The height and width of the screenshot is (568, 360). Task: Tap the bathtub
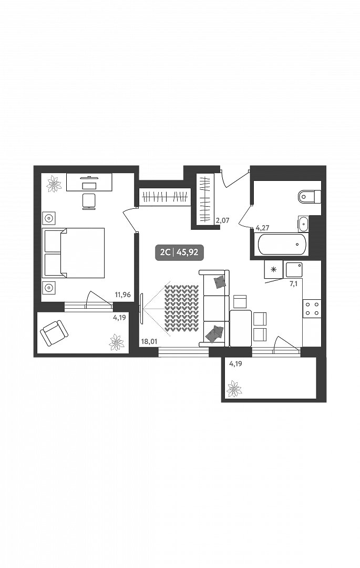tap(281, 244)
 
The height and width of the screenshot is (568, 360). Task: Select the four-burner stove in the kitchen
tap(312, 308)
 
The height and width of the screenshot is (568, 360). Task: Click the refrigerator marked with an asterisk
tap(273, 270)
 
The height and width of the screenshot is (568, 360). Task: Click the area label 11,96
tap(122, 295)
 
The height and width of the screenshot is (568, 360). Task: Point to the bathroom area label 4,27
tap(262, 228)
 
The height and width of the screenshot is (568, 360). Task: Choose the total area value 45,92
tap(188, 252)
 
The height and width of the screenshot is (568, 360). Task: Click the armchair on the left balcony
tap(54, 332)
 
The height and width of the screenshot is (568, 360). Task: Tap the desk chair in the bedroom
tap(89, 200)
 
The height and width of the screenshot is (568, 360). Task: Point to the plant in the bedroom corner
tap(54, 184)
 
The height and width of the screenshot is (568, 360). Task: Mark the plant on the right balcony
tap(234, 390)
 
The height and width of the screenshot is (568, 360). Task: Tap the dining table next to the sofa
tap(241, 328)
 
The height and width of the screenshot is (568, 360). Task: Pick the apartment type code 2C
tap(165, 252)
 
